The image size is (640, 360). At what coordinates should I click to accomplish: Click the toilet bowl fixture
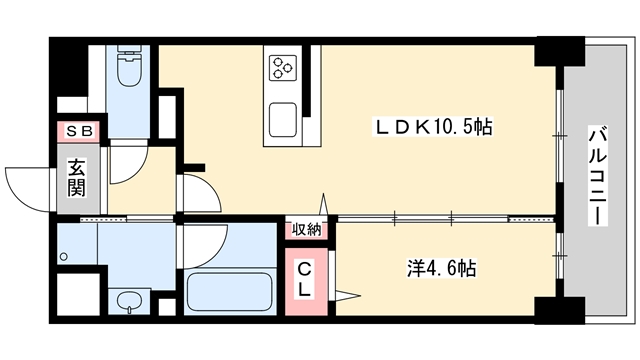pos(129,68)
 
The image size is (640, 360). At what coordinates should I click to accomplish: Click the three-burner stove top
pos(282,68)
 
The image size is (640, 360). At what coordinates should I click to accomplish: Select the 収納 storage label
pos(307,229)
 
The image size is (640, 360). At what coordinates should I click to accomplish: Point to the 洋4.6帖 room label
pos(440,269)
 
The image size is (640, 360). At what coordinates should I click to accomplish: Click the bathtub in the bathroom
pos(230,290)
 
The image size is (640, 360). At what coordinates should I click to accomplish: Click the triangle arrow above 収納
pos(322,204)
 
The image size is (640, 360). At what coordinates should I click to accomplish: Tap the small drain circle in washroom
pos(63,257)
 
